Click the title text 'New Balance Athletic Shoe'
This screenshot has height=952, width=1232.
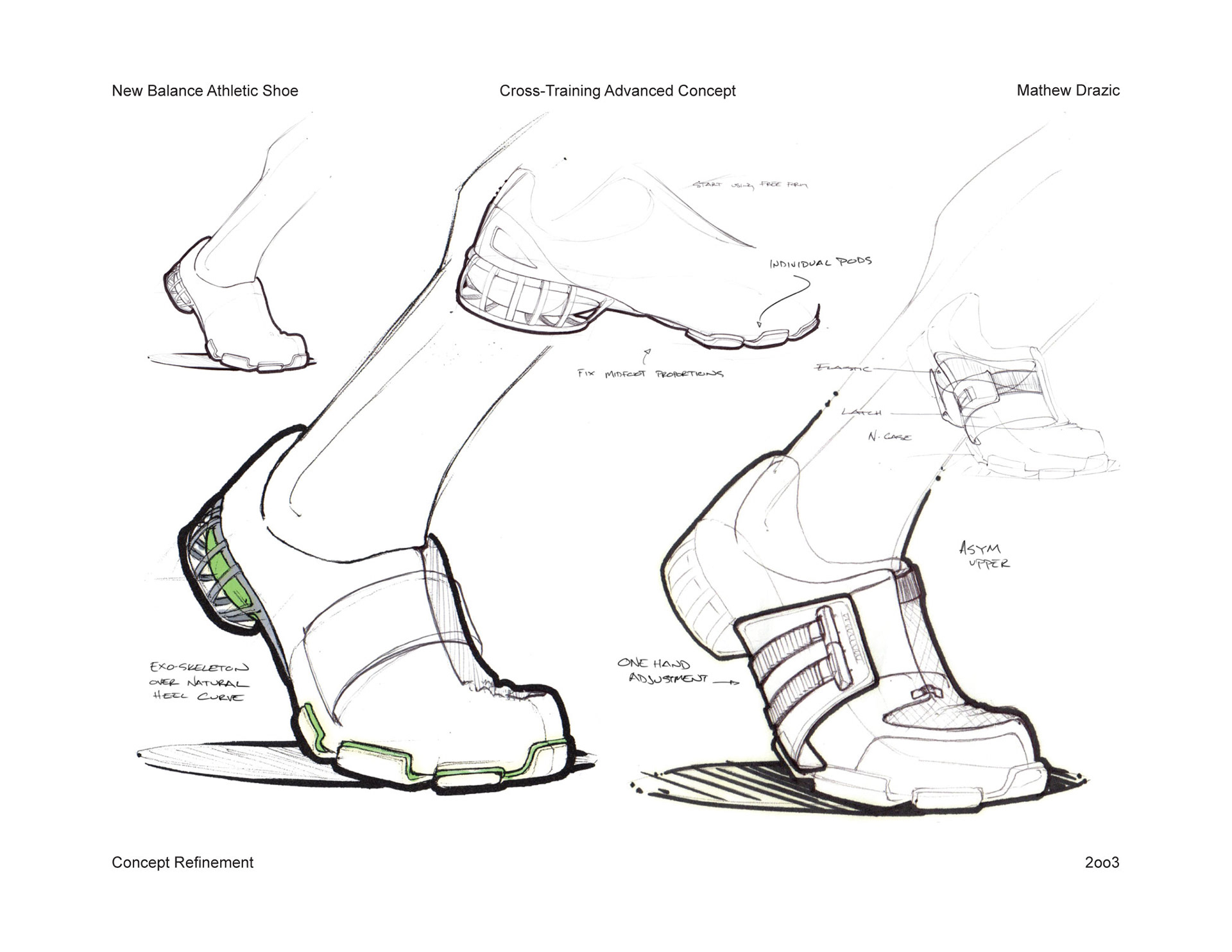[x=205, y=90]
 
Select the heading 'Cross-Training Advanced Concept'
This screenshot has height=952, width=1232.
[x=617, y=91]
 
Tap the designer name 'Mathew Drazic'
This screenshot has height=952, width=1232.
[x=1068, y=90]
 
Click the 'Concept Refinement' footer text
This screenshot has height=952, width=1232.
[x=182, y=862]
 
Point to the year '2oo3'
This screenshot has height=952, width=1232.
[x=1102, y=863]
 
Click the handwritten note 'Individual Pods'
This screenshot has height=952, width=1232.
[x=821, y=262]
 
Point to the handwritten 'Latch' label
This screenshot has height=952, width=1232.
[x=862, y=412]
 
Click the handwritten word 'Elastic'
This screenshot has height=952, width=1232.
[x=843, y=368]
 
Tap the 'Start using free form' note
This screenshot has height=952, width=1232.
[x=749, y=185]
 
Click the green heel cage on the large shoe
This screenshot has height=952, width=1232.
[x=221, y=568]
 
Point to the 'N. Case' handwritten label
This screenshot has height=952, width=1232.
[x=889, y=437]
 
